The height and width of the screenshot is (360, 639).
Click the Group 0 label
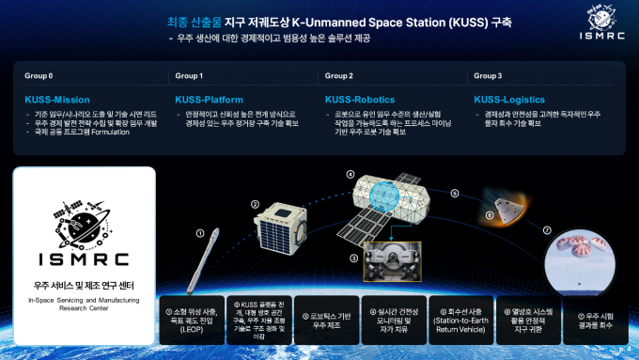point(39,75)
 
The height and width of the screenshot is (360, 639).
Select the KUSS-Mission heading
point(58,99)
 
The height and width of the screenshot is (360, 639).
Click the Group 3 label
point(488,75)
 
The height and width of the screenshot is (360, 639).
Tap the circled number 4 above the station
point(351,174)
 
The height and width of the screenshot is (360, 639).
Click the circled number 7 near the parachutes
point(547,230)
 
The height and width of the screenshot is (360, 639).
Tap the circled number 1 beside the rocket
point(199,232)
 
